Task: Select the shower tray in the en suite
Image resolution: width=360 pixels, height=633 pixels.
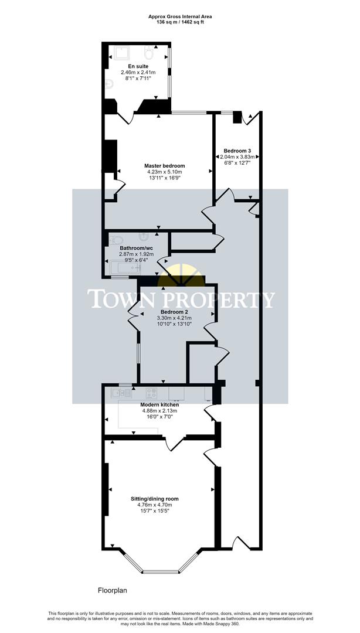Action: click(122, 53)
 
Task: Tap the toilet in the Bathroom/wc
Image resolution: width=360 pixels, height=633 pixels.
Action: click(116, 239)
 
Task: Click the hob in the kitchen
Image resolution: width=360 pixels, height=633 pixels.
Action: click(151, 393)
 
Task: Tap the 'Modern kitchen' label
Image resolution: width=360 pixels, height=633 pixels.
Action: click(159, 404)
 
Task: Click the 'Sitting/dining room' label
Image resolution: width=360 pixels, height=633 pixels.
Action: click(155, 499)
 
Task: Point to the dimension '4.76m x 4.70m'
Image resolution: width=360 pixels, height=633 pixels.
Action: click(155, 505)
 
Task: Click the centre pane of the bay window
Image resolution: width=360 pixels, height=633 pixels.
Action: click(159, 571)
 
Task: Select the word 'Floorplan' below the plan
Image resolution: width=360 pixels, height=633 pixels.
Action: click(112, 591)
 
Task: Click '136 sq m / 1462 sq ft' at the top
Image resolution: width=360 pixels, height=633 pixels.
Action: click(180, 23)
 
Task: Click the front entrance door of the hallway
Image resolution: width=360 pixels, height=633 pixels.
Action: click(241, 542)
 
